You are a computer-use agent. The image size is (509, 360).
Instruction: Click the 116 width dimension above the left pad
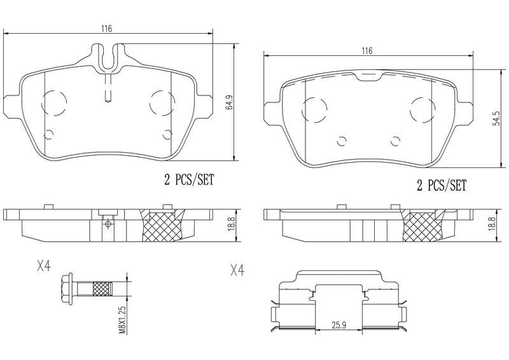(106, 29)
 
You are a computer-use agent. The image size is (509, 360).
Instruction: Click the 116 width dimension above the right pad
(367, 51)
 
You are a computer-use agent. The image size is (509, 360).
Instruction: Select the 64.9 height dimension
(230, 102)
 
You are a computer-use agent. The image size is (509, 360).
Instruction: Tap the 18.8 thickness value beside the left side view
(231, 224)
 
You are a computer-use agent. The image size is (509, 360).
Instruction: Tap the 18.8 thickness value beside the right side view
(492, 224)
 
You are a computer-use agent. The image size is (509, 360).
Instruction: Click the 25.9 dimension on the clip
(339, 324)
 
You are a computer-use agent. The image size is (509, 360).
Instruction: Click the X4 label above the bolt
(43, 267)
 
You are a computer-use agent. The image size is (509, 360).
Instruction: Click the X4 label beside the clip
(237, 270)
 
